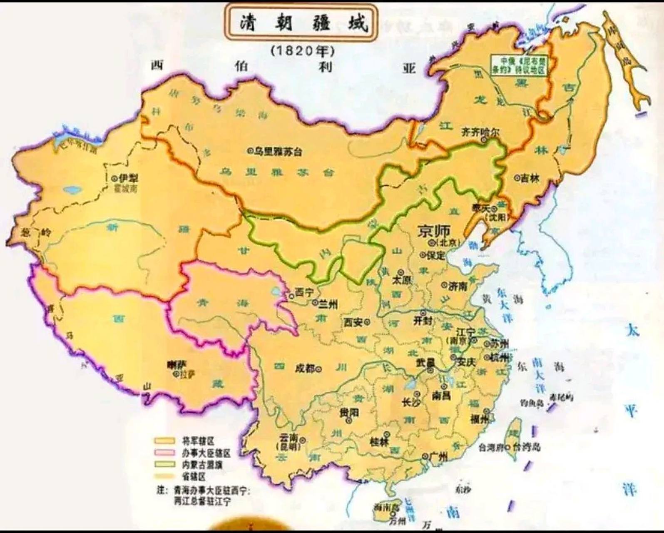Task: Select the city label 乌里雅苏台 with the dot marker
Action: click(275, 152)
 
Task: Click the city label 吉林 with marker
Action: click(529, 178)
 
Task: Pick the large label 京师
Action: click(436, 231)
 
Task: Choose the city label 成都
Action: click(306, 368)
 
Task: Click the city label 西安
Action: click(353, 322)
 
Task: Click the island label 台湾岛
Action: click(526, 447)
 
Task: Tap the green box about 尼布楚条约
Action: click(518, 65)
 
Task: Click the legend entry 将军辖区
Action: click(199, 441)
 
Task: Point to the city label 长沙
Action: click(410, 402)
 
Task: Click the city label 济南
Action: click(458, 286)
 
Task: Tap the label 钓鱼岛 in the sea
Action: click(532, 403)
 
